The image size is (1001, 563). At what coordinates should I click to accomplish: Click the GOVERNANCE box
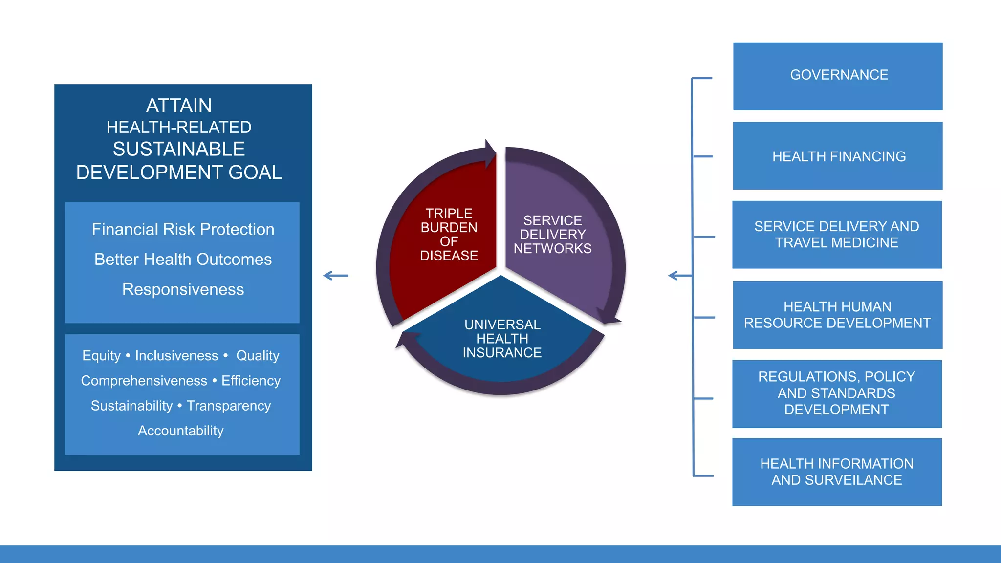pos(838,76)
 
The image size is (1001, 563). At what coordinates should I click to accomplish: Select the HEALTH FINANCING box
pos(838,156)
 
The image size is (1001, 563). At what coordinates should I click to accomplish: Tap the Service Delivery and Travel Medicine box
pos(837,235)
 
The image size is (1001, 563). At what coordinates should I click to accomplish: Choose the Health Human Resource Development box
pos(837,315)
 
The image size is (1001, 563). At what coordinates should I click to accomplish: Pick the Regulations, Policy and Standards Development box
pos(837,393)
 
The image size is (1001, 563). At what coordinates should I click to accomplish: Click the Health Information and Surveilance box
pos(837,472)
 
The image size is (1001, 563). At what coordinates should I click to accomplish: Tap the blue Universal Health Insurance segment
pos(502,339)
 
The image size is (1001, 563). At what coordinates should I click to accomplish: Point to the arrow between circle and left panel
pos(336,276)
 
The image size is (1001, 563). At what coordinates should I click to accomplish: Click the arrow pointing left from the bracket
pos(679,276)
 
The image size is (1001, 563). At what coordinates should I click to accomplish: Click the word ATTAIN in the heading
pos(179,106)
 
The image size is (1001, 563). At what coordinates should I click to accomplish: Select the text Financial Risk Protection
pos(183,229)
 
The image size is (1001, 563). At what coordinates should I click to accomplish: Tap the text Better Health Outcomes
pos(183,259)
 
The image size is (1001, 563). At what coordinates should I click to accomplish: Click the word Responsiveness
pos(183,289)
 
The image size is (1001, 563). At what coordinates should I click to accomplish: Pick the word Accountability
pos(180,431)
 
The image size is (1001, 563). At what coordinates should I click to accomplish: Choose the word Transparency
pos(229,406)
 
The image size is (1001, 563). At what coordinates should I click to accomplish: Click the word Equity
pos(101,355)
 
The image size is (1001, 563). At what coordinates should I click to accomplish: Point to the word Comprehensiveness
pos(144,381)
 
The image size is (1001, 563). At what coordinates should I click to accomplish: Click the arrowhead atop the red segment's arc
pos(490,153)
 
